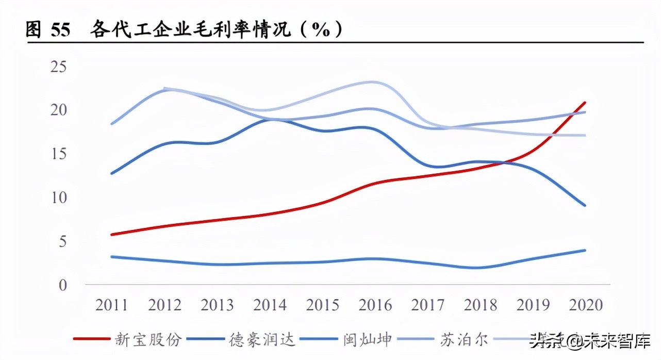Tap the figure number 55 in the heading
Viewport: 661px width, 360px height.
(x=60, y=30)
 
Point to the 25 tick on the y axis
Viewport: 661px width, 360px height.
(x=58, y=67)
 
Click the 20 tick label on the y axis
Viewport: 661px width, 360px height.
(x=58, y=110)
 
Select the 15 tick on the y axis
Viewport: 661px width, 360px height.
(x=58, y=154)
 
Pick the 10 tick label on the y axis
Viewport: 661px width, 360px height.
(x=58, y=198)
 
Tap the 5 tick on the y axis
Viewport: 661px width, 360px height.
(x=62, y=241)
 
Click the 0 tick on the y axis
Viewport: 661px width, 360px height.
(x=62, y=285)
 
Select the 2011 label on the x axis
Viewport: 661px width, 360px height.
(x=112, y=305)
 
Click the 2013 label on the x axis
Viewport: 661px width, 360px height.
(x=217, y=305)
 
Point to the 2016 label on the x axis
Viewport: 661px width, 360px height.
(x=375, y=305)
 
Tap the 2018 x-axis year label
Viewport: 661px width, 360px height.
(x=480, y=305)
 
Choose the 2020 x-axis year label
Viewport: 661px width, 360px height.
(x=585, y=305)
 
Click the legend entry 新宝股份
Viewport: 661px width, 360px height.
(x=148, y=339)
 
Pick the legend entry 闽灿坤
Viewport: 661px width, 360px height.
(x=368, y=339)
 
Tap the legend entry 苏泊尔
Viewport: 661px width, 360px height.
(x=463, y=339)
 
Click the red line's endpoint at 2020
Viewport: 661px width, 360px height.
(x=585, y=103)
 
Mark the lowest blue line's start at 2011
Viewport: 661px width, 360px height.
(x=112, y=256)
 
